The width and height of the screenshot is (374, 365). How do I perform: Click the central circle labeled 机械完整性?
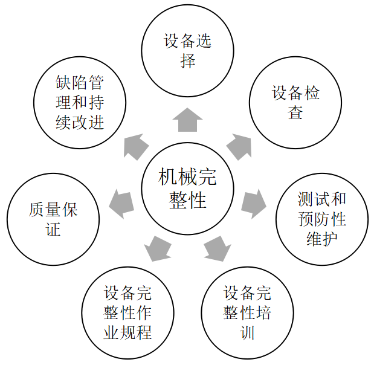tap(188, 188)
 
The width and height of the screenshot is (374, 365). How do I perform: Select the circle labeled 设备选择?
tap(188, 51)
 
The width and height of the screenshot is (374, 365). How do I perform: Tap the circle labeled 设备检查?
tap(295, 103)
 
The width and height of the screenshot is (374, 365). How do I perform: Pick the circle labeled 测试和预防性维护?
tap(322, 218)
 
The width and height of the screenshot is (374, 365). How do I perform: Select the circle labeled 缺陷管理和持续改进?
tap(80, 103)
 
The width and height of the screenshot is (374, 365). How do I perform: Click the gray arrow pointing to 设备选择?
tap(187, 120)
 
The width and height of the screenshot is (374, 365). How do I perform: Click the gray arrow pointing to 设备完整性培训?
tap(217, 247)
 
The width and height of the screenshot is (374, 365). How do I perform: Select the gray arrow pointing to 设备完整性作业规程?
tap(158, 247)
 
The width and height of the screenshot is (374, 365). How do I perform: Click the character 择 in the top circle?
tap(188, 61)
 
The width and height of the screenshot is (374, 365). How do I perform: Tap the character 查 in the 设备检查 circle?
tap(295, 113)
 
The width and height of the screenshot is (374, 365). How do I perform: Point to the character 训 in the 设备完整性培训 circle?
tap(248, 332)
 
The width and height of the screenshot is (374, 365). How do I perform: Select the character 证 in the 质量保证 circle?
tap(53, 229)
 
